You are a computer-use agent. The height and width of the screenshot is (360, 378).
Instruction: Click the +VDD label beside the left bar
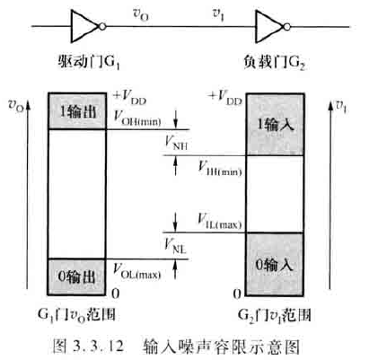[131, 94]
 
